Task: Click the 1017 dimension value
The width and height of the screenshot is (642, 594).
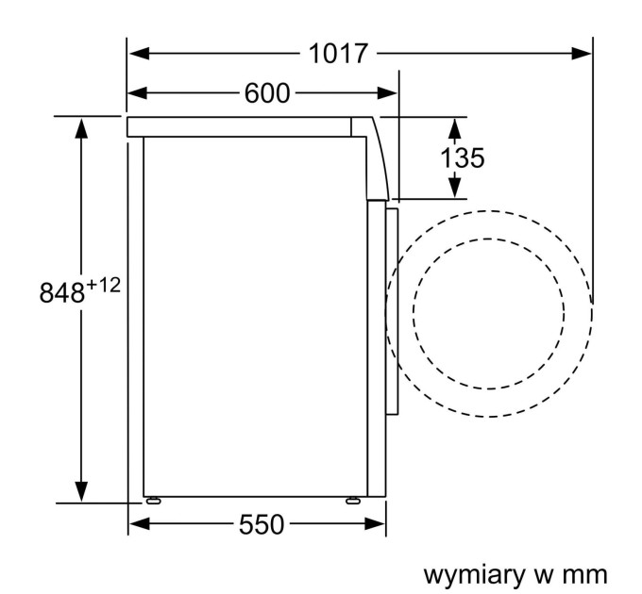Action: pos(338,54)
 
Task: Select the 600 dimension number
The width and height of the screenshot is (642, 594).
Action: pos(268,92)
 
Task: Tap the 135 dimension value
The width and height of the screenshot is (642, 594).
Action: pos(463,157)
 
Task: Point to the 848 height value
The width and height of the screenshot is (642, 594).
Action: pos(62,291)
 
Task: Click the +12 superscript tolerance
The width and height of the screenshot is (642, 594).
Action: pos(105,283)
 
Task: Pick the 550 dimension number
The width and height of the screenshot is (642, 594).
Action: pos(259,525)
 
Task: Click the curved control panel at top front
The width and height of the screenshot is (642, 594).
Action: pos(378,156)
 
